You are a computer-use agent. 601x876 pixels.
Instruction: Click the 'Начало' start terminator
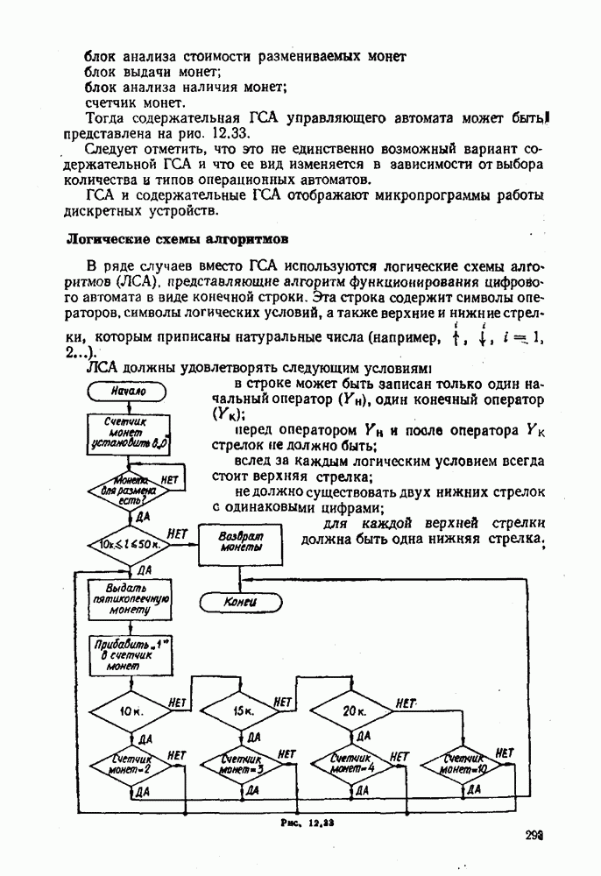point(129,391)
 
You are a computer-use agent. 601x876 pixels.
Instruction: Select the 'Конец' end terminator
point(239,602)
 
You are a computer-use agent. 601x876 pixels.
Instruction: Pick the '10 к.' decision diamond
point(131,712)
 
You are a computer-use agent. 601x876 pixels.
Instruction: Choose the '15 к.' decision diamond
point(243,712)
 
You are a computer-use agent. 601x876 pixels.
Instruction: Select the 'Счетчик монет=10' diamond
point(463,764)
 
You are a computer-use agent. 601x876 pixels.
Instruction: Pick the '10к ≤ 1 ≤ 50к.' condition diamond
point(130,545)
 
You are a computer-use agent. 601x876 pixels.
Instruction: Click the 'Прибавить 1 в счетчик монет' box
point(131,655)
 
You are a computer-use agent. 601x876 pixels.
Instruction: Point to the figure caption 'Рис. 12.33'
point(304,824)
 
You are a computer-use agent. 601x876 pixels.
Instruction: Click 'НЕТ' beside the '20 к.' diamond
point(406,703)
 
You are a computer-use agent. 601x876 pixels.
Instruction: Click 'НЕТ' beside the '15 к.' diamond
point(282,703)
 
